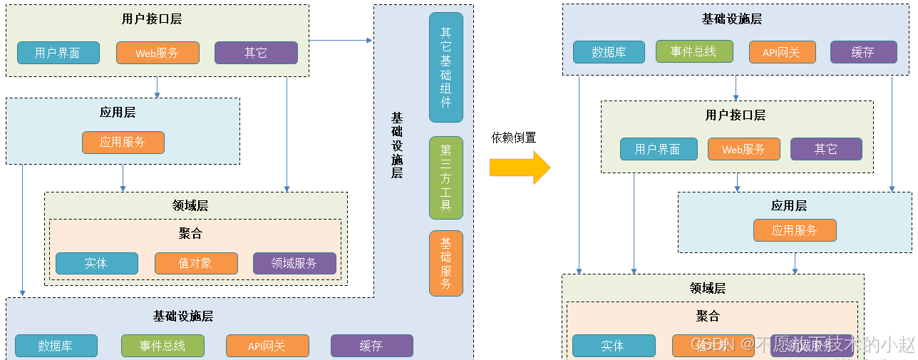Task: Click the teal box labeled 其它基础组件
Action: pyautogui.click(x=446, y=67)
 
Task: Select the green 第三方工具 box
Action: pyautogui.click(x=446, y=178)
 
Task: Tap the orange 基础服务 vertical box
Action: pyautogui.click(x=446, y=263)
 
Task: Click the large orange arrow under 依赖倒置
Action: pyautogui.click(x=520, y=168)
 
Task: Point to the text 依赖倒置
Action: pyautogui.click(x=513, y=138)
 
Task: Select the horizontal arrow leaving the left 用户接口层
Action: pyautogui.click(x=340, y=41)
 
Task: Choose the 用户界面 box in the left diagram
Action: pyautogui.click(x=57, y=53)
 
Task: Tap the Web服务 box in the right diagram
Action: pyautogui.click(x=743, y=149)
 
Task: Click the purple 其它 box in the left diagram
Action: pyautogui.click(x=256, y=53)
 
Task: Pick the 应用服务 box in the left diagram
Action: pyautogui.click(x=123, y=143)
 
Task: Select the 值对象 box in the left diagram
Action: pyautogui.click(x=195, y=263)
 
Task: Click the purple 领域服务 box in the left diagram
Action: pyautogui.click(x=294, y=263)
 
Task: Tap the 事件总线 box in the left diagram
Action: pyautogui.click(x=163, y=346)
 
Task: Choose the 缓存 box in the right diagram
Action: pyautogui.click(x=862, y=52)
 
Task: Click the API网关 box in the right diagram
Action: pyautogui.click(x=782, y=52)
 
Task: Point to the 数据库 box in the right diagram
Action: pyautogui.click(x=609, y=52)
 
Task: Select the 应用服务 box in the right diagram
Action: pyautogui.click(x=794, y=230)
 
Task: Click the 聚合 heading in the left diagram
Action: pyautogui.click(x=190, y=234)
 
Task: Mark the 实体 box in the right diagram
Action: pyautogui.click(x=613, y=346)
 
